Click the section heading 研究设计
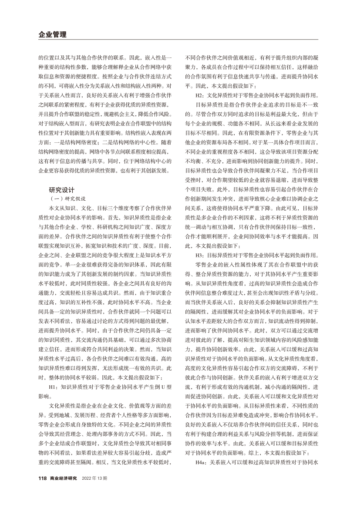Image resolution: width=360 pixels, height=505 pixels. click(62, 190)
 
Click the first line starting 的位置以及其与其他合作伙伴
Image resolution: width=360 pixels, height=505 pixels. click(105, 57)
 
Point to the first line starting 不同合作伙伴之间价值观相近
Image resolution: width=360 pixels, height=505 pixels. click(252, 57)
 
